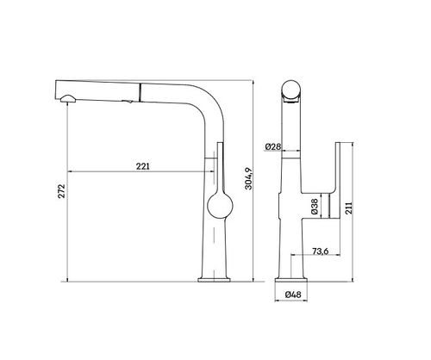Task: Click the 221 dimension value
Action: pos(143,166)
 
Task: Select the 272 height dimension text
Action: pos(62,191)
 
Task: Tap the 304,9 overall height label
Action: pos(248,178)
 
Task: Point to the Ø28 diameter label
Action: pos(272,146)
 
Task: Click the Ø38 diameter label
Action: pos(315,207)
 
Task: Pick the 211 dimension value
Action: pos(348,208)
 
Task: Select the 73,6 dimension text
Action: pos(320,251)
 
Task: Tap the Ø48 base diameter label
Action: pos(293,295)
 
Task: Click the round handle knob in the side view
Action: pos(220,206)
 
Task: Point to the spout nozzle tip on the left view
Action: pos(68,99)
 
